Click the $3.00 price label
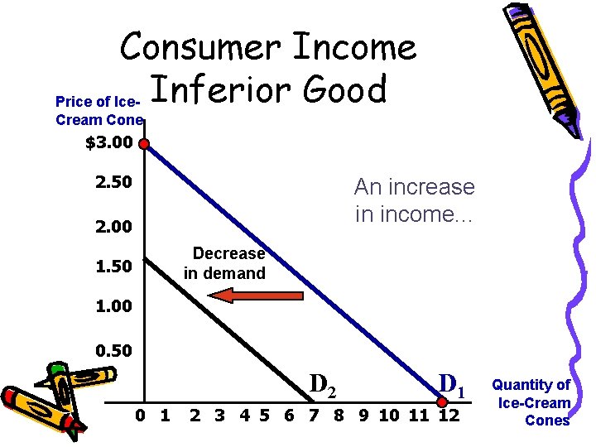click(x=108, y=144)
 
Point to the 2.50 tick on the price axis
click(x=114, y=181)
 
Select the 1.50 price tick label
click(x=114, y=267)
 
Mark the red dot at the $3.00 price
click(x=144, y=144)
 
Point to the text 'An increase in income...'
click(x=414, y=200)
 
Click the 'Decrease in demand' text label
click(x=224, y=263)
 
